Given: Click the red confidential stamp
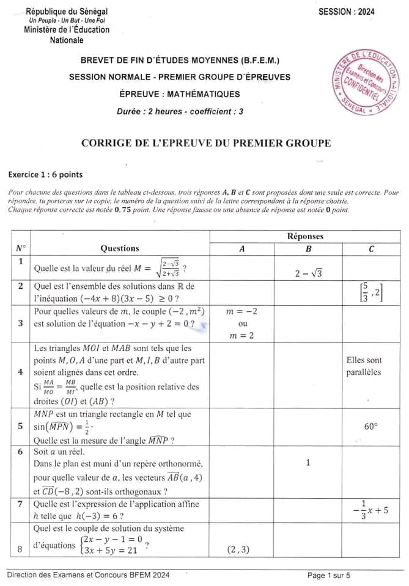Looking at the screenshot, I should tap(365, 82).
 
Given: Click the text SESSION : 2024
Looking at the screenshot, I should tap(347, 12).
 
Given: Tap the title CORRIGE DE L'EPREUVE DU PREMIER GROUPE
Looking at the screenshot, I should tap(206, 143).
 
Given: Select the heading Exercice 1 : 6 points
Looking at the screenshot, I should tap(45, 174).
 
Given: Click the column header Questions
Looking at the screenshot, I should tap(119, 248).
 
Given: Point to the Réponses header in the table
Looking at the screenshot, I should tap(305, 236).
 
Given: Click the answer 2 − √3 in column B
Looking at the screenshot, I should tap(308, 273).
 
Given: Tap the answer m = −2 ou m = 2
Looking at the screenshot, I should tap(242, 324).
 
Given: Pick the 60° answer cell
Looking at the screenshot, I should tap(372, 427).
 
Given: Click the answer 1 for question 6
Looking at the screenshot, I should tap(308, 463).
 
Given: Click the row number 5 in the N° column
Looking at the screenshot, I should tap(21, 427).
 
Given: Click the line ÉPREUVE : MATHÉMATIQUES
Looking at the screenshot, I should tap(180, 94).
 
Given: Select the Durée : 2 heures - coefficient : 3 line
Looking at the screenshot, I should tap(180, 112).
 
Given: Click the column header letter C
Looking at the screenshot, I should tap(372, 249).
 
